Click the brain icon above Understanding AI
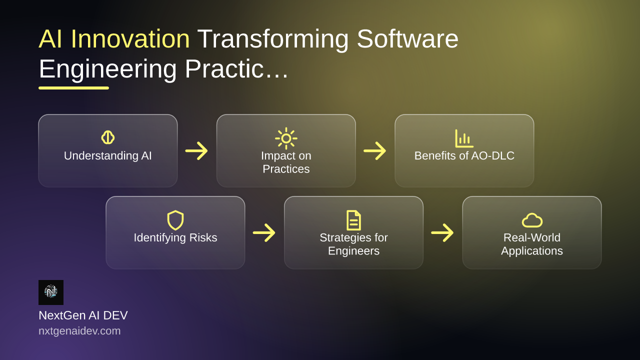click(107, 137)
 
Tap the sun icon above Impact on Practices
click(286, 138)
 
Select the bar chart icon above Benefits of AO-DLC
click(464, 138)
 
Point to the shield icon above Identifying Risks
click(175, 220)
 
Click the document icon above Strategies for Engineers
click(353, 220)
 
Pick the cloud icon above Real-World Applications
click(532, 220)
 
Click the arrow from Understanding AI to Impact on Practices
click(196, 150)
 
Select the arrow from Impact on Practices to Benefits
click(375, 150)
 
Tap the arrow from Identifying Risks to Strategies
click(264, 232)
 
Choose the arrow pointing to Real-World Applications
click(442, 232)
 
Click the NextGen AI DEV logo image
click(51, 292)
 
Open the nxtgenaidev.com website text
click(79, 331)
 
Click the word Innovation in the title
click(130, 39)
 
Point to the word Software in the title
click(407, 39)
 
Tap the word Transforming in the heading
click(273, 40)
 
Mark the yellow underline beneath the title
click(73, 88)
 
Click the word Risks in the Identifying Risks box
click(203, 237)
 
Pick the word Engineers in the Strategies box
click(353, 251)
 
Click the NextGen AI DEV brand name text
click(83, 315)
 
